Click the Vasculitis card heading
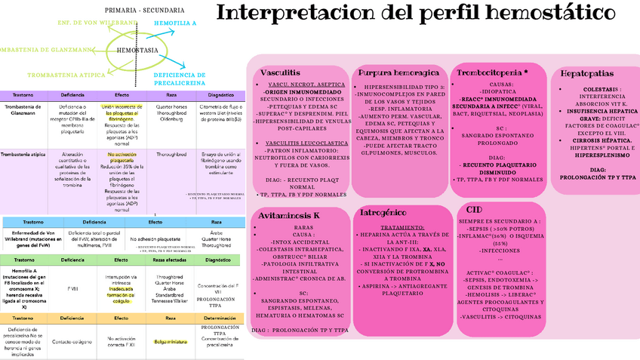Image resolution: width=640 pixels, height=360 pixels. click(280, 72)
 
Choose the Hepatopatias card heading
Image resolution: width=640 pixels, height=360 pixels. click(591, 74)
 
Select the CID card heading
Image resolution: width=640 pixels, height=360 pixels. click(475, 209)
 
